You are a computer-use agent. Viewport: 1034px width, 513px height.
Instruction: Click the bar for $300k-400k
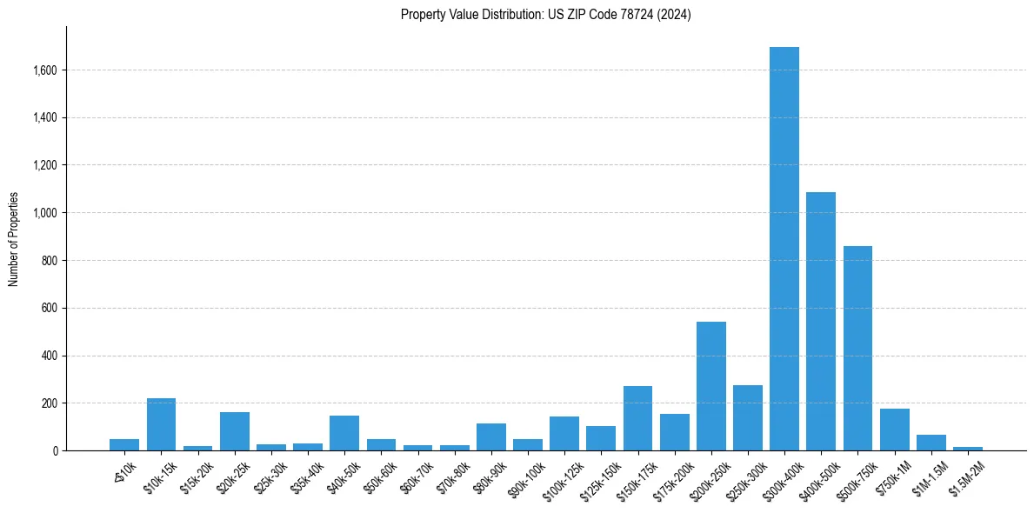(784, 249)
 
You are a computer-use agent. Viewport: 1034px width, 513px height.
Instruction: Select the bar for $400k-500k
(820, 322)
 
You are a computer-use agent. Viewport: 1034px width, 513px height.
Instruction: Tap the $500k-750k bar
(857, 348)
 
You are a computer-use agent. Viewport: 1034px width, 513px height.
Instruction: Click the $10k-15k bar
(161, 424)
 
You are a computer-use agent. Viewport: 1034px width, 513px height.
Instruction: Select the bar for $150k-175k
(637, 418)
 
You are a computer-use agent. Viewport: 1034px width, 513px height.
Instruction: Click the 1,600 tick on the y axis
(44, 70)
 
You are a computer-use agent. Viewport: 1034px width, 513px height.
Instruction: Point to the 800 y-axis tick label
(49, 261)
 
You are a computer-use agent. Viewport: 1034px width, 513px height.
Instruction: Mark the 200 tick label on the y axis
(49, 403)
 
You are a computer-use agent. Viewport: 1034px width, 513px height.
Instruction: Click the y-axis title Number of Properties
(13, 239)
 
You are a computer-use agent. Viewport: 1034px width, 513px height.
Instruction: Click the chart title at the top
(545, 15)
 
